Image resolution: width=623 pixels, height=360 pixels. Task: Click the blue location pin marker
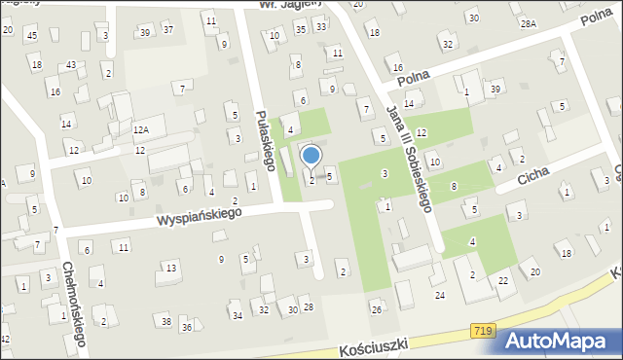click(x=311, y=156)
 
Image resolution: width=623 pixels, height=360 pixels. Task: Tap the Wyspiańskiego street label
click(x=201, y=217)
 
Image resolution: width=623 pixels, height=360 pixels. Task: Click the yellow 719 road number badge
click(x=482, y=333)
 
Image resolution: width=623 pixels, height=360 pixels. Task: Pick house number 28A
click(x=529, y=22)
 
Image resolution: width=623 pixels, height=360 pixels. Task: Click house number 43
click(x=71, y=64)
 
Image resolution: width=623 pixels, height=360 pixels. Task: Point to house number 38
click(x=166, y=321)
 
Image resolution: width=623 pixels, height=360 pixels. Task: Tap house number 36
click(x=187, y=327)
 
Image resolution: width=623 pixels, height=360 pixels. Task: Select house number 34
click(x=237, y=315)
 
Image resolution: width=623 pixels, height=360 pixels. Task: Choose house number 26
click(x=376, y=310)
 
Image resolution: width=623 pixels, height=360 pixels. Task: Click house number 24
click(x=440, y=295)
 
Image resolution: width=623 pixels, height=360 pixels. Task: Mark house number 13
click(x=171, y=268)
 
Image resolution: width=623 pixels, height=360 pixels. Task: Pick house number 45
click(x=32, y=36)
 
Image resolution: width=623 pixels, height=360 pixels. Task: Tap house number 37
click(x=167, y=29)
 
